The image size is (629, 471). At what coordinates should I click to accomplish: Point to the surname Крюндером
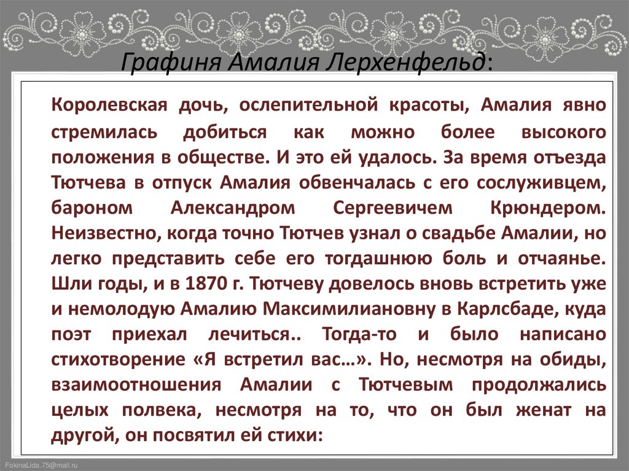pos(549,208)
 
